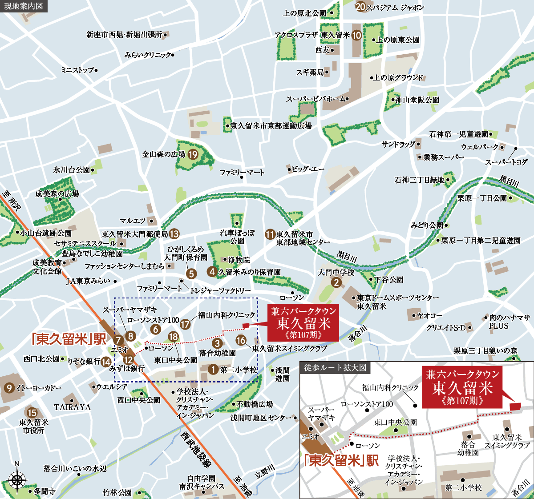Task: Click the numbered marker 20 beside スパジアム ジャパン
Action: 360,7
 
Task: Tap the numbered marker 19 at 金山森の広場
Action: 193,154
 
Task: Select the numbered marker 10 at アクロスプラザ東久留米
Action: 356,35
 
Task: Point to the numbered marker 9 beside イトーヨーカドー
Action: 9,388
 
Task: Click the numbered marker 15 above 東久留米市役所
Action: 32,412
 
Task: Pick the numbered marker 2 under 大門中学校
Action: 336,282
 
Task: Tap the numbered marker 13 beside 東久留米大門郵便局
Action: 174,233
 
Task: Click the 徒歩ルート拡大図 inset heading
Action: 335,368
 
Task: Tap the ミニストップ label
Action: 78,70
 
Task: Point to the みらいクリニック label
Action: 148,55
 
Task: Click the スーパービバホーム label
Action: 316,99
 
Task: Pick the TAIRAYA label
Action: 72,407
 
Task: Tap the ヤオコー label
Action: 430,315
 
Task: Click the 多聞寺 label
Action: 44,491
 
